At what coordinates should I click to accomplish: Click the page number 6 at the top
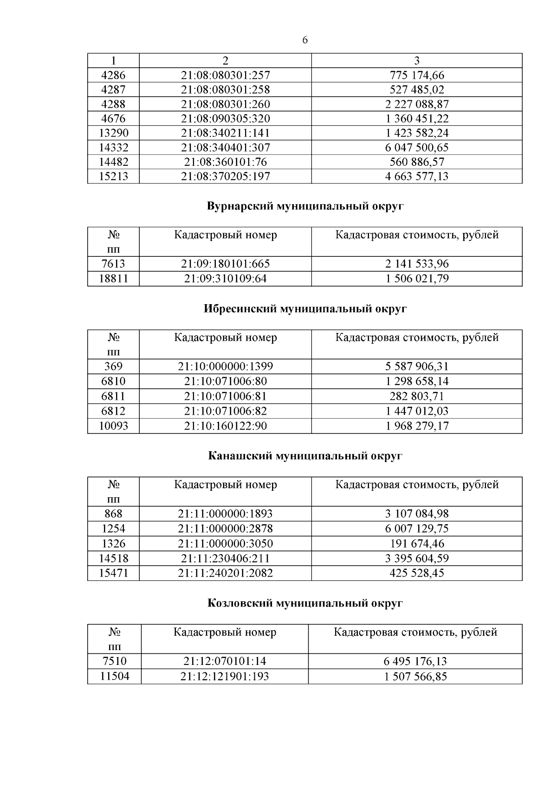pos(304,40)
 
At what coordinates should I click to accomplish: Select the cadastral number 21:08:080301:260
pos(225,104)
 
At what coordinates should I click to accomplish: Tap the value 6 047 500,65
pos(416,148)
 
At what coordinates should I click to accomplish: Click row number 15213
pos(113,176)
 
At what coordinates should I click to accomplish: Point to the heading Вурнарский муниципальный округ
pos(305,206)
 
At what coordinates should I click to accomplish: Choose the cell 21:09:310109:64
pos(225,279)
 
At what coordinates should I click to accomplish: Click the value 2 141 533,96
pos(416,264)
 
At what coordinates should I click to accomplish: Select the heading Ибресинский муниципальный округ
pos(305,309)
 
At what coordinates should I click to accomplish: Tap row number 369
pos(113,366)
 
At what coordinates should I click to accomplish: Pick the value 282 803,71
pos(416,396)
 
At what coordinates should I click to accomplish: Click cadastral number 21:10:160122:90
pos(225,426)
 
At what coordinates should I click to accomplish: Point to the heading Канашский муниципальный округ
pos(305,456)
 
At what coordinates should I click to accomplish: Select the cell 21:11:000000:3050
pos(225,543)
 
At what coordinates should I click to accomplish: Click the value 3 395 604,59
pos(416,558)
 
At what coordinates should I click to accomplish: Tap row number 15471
pos(113,573)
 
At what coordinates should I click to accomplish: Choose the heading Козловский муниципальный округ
pos(305,603)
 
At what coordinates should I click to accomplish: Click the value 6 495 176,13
pos(415,661)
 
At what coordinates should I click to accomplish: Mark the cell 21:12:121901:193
pos(225,676)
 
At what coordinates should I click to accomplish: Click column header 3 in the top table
pos(416,60)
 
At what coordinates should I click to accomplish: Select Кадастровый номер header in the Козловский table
pos(225,632)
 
